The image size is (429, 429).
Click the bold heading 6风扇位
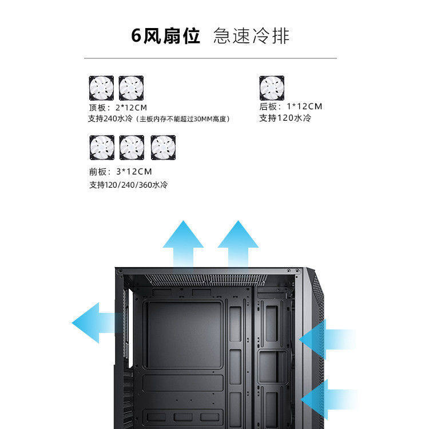click(165, 36)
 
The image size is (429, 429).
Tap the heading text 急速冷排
click(251, 36)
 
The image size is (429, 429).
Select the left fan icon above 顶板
click(101, 88)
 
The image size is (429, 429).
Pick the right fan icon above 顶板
click(131, 88)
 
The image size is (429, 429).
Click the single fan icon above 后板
click(272, 88)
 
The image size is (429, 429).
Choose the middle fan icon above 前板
click(132, 148)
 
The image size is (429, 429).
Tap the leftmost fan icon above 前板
click(101, 148)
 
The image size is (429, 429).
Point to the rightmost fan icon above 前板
click(162, 148)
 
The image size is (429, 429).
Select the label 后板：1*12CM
click(291, 106)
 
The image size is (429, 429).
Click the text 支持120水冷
click(285, 118)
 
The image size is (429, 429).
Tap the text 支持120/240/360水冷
click(128, 185)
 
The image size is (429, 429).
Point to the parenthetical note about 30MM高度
click(183, 119)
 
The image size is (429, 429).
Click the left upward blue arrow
click(182, 243)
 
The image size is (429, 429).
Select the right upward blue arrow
click(237, 243)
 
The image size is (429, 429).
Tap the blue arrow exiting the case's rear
click(94, 322)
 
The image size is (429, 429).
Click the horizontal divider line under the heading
click(210, 58)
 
